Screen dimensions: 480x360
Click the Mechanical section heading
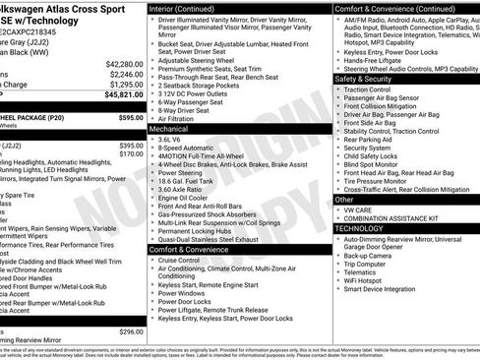click(x=169, y=128)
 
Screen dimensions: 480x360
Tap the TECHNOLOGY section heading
click(x=359, y=228)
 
